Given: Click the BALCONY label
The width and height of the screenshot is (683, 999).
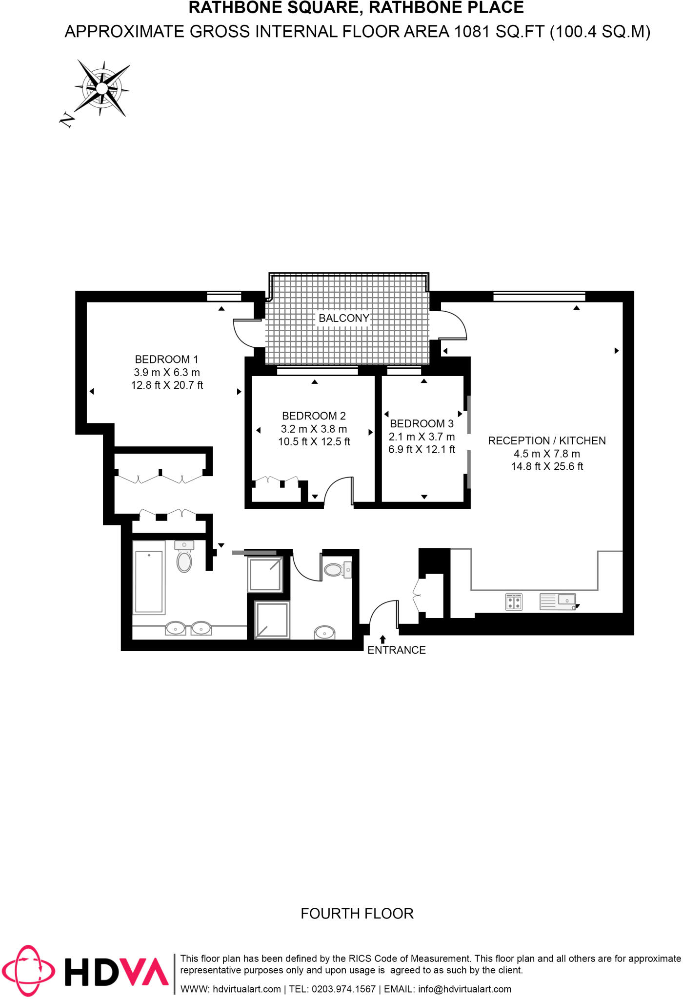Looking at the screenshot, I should [344, 319].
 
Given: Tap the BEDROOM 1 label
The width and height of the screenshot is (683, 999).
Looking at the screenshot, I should [166, 360].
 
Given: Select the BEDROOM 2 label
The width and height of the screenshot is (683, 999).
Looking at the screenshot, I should [314, 416].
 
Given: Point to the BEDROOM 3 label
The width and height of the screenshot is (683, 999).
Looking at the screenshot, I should [422, 424].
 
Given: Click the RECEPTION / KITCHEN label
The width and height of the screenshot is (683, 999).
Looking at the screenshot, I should [547, 441].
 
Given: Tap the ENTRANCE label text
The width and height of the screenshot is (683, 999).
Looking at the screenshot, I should [396, 650].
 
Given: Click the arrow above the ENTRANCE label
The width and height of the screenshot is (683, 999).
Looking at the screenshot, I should [383, 639].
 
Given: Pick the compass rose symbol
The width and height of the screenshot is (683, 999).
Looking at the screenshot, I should [102, 88].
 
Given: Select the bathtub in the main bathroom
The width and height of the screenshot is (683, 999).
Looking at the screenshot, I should [149, 581].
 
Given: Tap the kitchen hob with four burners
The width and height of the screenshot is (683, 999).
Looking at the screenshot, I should [514, 601].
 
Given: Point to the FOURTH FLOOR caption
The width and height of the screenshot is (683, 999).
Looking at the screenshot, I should [357, 914].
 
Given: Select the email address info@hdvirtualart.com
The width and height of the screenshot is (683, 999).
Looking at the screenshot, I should [464, 989].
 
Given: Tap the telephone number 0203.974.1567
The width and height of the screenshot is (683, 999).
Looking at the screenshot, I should [343, 989].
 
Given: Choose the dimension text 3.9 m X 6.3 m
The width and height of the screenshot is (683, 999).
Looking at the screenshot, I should [167, 373].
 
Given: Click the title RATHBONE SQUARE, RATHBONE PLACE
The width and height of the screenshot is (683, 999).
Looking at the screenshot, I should [356, 8].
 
